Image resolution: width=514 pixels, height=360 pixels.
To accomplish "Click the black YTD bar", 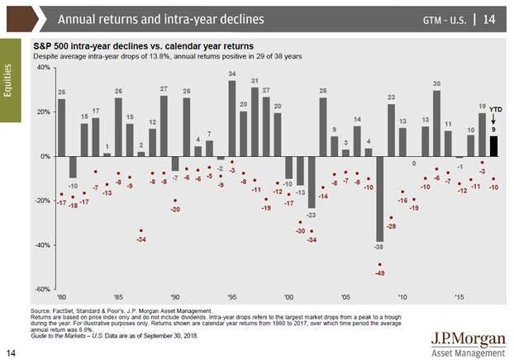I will (493, 146).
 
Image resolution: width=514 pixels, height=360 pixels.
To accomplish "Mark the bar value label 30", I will (436, 83).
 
